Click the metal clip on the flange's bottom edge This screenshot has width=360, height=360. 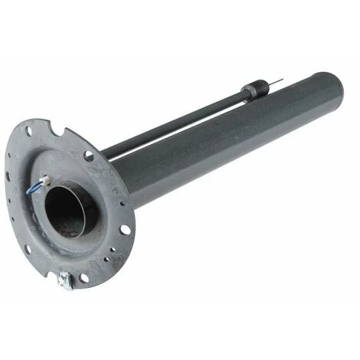tap(64, 280)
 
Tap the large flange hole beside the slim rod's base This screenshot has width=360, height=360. tap(89, 155)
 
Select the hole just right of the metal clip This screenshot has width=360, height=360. tap(85, 277)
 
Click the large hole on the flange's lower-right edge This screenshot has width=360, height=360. tap(124, 229)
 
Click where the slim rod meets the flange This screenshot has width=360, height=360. tap(105, 152)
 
